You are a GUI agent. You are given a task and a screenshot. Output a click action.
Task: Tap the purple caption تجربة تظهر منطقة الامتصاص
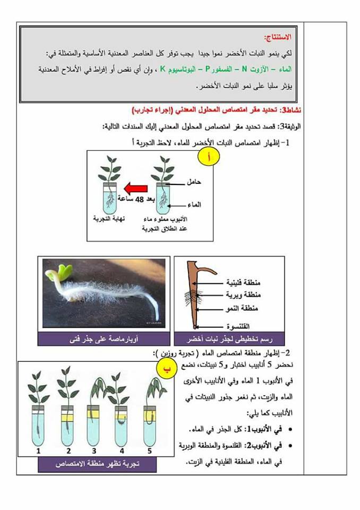pos(97,464)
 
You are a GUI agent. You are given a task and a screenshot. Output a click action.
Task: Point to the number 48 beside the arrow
pos(140,199)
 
